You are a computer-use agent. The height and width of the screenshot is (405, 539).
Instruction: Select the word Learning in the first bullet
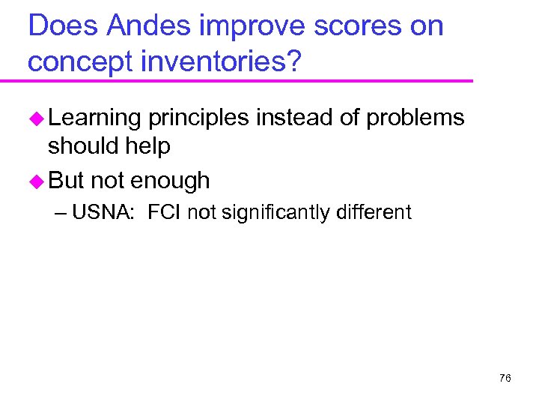94,118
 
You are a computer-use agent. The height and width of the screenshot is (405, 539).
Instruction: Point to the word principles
198,118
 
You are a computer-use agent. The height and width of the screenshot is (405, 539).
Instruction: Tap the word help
148,145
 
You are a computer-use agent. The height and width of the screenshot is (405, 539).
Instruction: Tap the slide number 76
505,378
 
